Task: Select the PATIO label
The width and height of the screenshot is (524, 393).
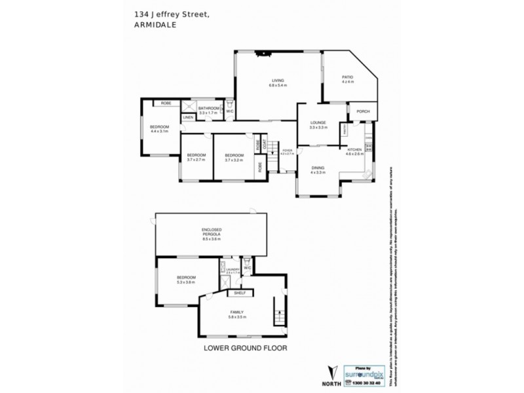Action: click(x=347, y=77)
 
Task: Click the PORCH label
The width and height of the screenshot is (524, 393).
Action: click(x=363, y=111)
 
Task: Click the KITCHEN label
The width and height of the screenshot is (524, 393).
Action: click(x=354, y=150)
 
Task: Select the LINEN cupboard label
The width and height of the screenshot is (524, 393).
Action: click(x=187, y=117)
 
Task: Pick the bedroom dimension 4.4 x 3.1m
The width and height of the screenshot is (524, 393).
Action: click(x=159, y=131)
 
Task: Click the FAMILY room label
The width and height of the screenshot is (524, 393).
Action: click(x=236, y=312)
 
